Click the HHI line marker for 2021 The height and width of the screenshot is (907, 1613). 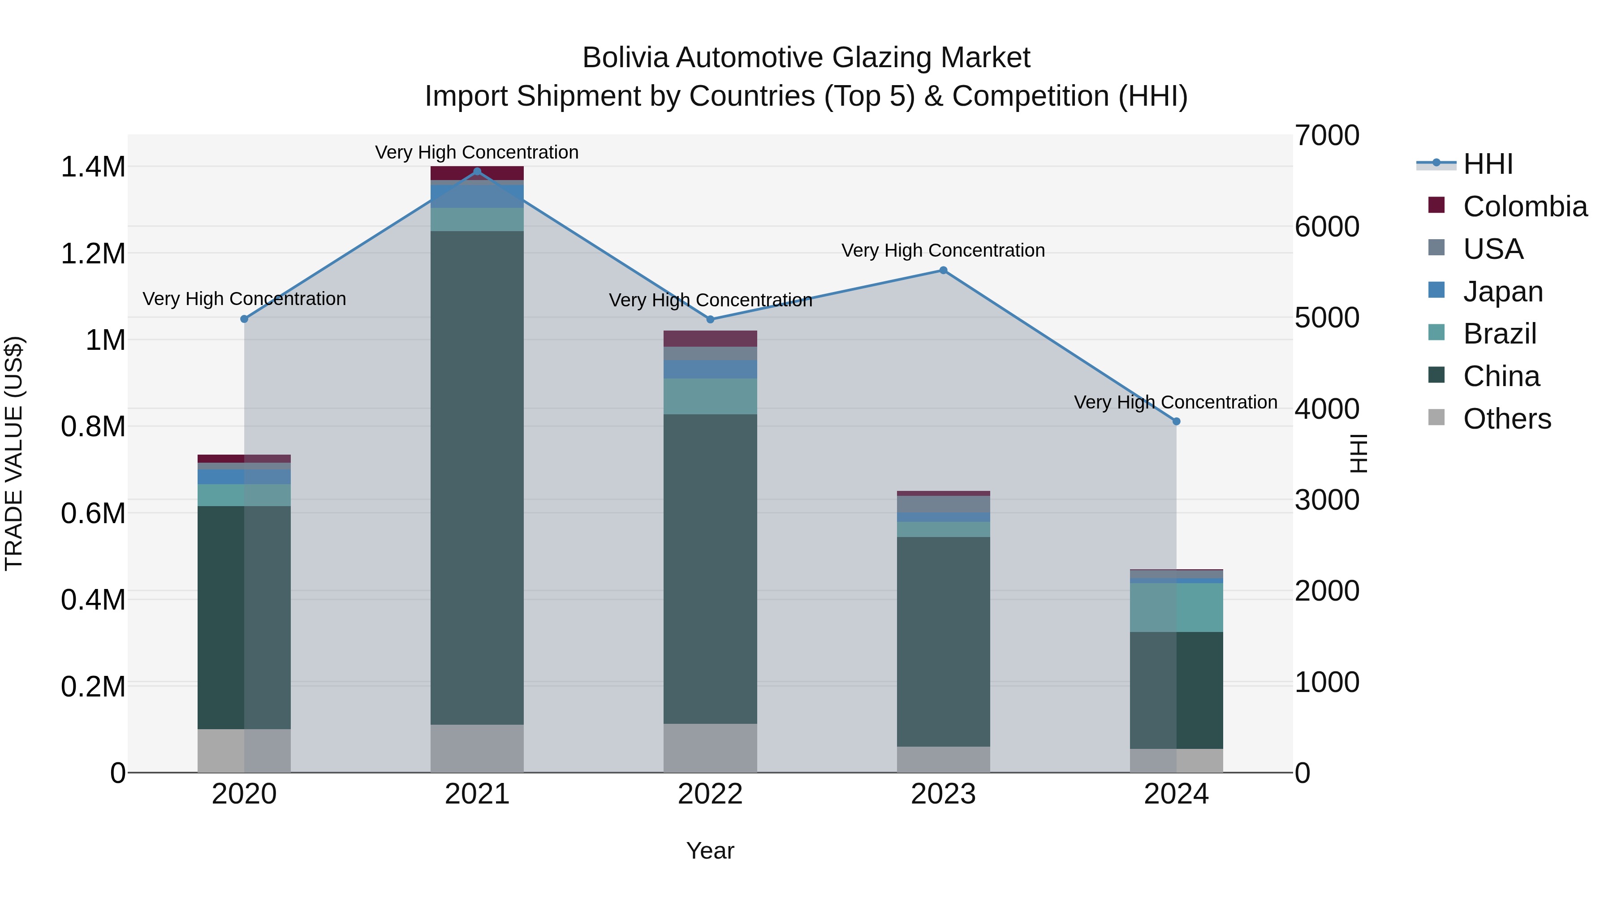[477, 172]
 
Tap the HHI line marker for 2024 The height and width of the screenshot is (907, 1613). [1176, 421]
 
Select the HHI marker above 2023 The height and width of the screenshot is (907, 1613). [943, 271]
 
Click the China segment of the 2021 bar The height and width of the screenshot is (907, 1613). [477, 476]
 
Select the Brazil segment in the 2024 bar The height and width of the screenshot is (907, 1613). [1176, 607]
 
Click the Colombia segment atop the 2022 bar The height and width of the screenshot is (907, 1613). [710, 339]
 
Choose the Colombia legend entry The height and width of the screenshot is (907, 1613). [1524, 206]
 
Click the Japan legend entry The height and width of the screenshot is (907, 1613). [1502, 292]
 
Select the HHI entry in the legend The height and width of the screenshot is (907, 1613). [1487, 164]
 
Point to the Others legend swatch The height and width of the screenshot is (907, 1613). [1436, 417]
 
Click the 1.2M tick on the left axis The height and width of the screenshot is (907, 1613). [93, 254]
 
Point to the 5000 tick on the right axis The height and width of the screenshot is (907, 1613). [1326, 318]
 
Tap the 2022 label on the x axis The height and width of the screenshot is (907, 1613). [710, 794]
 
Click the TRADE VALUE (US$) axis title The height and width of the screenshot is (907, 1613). [14, 453]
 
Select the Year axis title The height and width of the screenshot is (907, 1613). [710, 851]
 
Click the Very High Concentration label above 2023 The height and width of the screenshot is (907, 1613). [943, 250]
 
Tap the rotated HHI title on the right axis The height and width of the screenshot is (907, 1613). [1358, 453]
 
